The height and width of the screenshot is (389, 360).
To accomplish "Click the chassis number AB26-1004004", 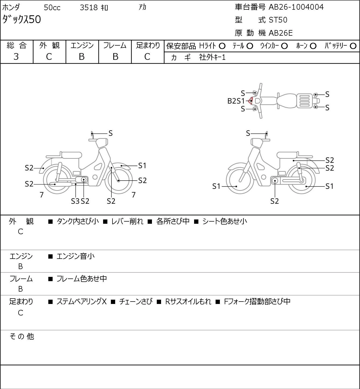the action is coord(296,7).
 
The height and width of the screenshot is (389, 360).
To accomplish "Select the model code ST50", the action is coord(278,20).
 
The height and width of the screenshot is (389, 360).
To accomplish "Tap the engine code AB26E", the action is coord(281,33).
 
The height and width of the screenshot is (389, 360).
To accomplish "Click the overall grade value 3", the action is coord(16,57).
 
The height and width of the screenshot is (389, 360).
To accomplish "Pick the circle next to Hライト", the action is coord(222,46).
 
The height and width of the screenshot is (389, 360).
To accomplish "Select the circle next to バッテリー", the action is coord(353,46).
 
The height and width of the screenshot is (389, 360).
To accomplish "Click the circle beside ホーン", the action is coord(313,46).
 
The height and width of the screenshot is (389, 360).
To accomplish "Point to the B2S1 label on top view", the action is coord(236,101).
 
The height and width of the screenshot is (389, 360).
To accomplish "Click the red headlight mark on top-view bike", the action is coord(250,101).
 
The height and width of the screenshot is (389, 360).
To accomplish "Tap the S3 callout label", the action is coord(75,201).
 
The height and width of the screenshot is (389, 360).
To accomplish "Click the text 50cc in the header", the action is coord(52,8).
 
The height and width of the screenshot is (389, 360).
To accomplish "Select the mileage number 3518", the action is coord(89,8).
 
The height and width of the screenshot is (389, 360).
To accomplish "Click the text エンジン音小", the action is coord(75,256).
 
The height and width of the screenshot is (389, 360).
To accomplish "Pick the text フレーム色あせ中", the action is coord(82,279).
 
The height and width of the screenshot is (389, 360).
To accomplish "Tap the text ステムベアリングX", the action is coord(82,302).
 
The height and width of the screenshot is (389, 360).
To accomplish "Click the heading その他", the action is coord(22,336).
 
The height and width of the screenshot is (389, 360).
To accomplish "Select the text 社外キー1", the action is coord(212,57).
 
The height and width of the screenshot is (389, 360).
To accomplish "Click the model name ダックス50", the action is coord(21,19).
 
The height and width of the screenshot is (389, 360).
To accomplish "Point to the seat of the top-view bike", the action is coord(286,101).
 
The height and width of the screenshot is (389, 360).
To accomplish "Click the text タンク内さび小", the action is coord(78,221).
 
